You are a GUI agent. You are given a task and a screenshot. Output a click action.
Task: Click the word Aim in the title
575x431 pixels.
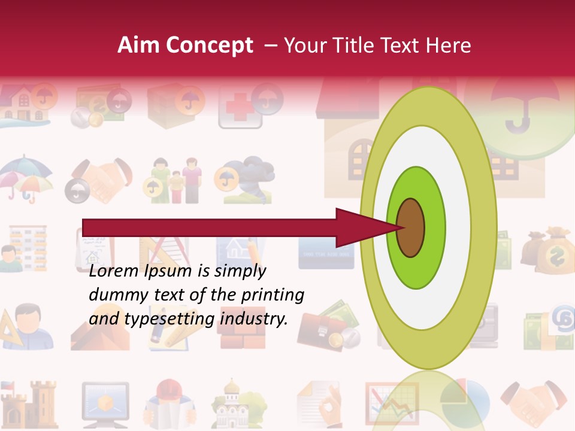tap(138, 45)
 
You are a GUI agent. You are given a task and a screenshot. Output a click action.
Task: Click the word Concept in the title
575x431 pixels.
tap(208, 45)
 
